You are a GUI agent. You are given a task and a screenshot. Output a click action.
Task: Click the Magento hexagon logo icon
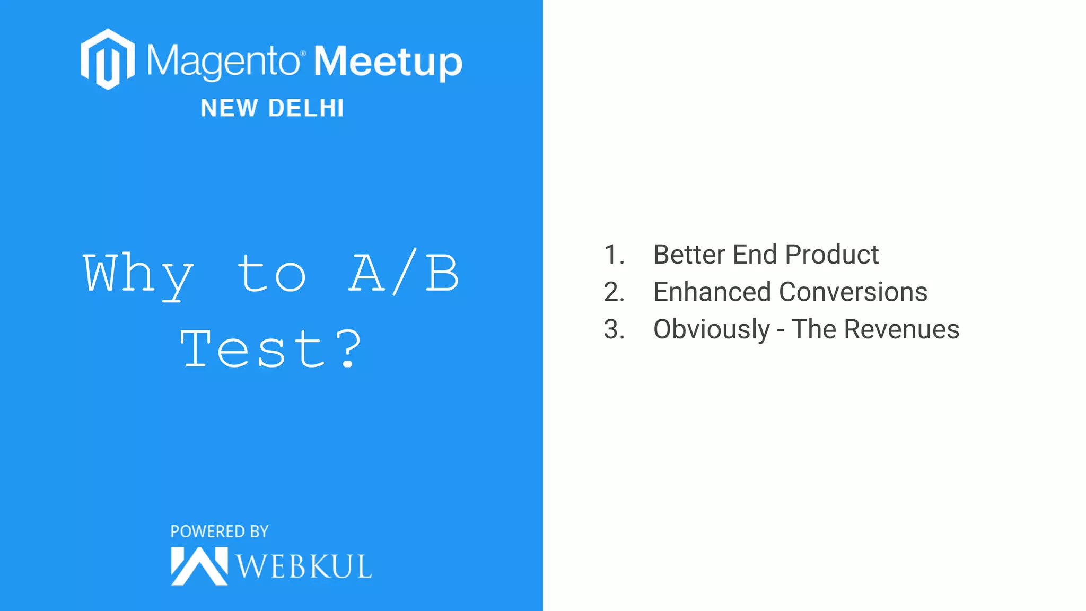coord(108,59)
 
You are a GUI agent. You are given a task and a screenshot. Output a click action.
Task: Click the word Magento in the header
coord(223,62)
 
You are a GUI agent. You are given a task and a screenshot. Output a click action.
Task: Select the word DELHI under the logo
coord(306,108)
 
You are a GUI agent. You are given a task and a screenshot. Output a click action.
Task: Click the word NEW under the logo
coord(229,108)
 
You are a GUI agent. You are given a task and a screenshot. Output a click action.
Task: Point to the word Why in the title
coord(138,274)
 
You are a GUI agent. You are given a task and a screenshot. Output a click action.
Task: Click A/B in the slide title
coord(404,273)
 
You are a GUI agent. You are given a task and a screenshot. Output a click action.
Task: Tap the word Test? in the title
coord(271,348)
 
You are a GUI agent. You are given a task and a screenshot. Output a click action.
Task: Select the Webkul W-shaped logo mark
coord(199,566)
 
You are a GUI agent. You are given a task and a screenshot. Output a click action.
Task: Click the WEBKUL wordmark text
coord(303,566)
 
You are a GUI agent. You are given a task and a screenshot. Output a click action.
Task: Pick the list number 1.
coord(614,255)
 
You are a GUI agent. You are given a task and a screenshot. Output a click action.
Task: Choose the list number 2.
coord(614,292)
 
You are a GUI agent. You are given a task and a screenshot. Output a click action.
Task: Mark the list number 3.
coord(614,329)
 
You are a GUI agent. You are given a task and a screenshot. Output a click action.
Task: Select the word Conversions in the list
coord(853,292)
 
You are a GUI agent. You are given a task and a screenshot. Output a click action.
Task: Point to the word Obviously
coord(711,330)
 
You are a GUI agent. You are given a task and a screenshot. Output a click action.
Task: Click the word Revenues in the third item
coord(901,329)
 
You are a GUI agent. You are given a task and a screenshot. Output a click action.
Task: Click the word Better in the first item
coord(689,255)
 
